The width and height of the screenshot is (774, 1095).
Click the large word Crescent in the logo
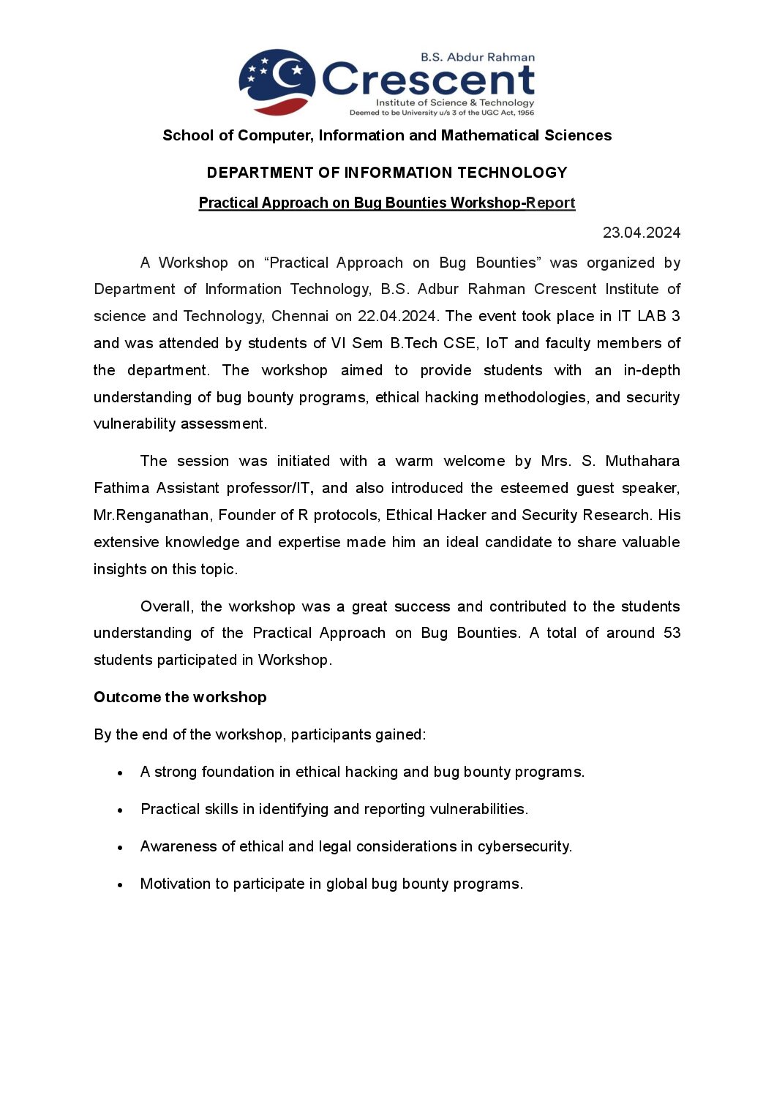click(428, 80)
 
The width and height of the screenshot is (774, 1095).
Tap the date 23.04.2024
click(641, 233)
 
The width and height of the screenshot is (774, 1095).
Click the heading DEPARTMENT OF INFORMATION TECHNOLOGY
click(387, 173)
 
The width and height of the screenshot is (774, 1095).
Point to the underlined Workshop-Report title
click(387, 203)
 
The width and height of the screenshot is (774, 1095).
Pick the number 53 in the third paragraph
click(672, 633)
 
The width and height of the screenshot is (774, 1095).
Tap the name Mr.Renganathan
click(151, 515)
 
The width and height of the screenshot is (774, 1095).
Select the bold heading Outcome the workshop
click(180, 697)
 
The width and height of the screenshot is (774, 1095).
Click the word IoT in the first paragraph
click(496, 343)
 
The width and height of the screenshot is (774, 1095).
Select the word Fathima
click(121, 488)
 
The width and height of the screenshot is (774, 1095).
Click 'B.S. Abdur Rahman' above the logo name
click(477, 57)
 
